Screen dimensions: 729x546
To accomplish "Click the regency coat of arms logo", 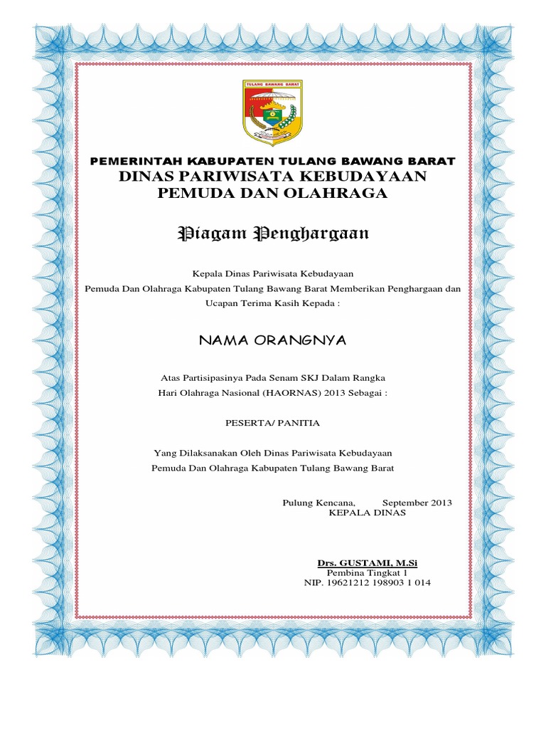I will [x=273, y=112].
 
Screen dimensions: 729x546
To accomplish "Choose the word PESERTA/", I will [x=249, y=423].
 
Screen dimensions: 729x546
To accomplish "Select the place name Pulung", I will [x=297, y=503].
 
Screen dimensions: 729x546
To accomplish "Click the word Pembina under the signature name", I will [x=345, y=572].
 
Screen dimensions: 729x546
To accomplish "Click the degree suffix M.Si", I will [x=405, y=563].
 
